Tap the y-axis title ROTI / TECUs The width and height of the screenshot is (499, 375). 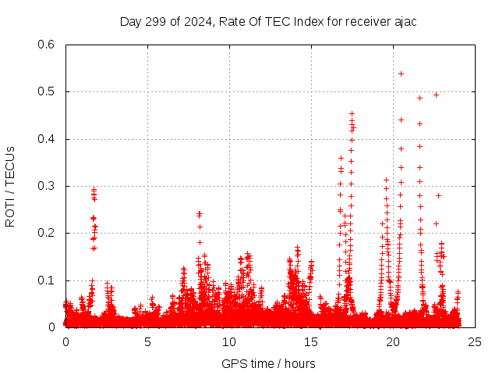(11, 186)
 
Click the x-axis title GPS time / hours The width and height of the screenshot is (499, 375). (269, 363)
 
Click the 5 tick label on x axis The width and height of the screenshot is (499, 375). (147, 341)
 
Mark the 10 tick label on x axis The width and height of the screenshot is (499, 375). (229, 341)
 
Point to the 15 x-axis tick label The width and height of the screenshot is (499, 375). (311, 341)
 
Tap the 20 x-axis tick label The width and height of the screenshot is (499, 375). (393, 341)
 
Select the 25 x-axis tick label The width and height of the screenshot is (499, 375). (475, 341)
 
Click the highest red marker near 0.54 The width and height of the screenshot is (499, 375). (401, 73)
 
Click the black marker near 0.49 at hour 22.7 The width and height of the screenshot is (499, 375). (436, 95)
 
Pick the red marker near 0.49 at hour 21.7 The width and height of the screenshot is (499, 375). (419, 98)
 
